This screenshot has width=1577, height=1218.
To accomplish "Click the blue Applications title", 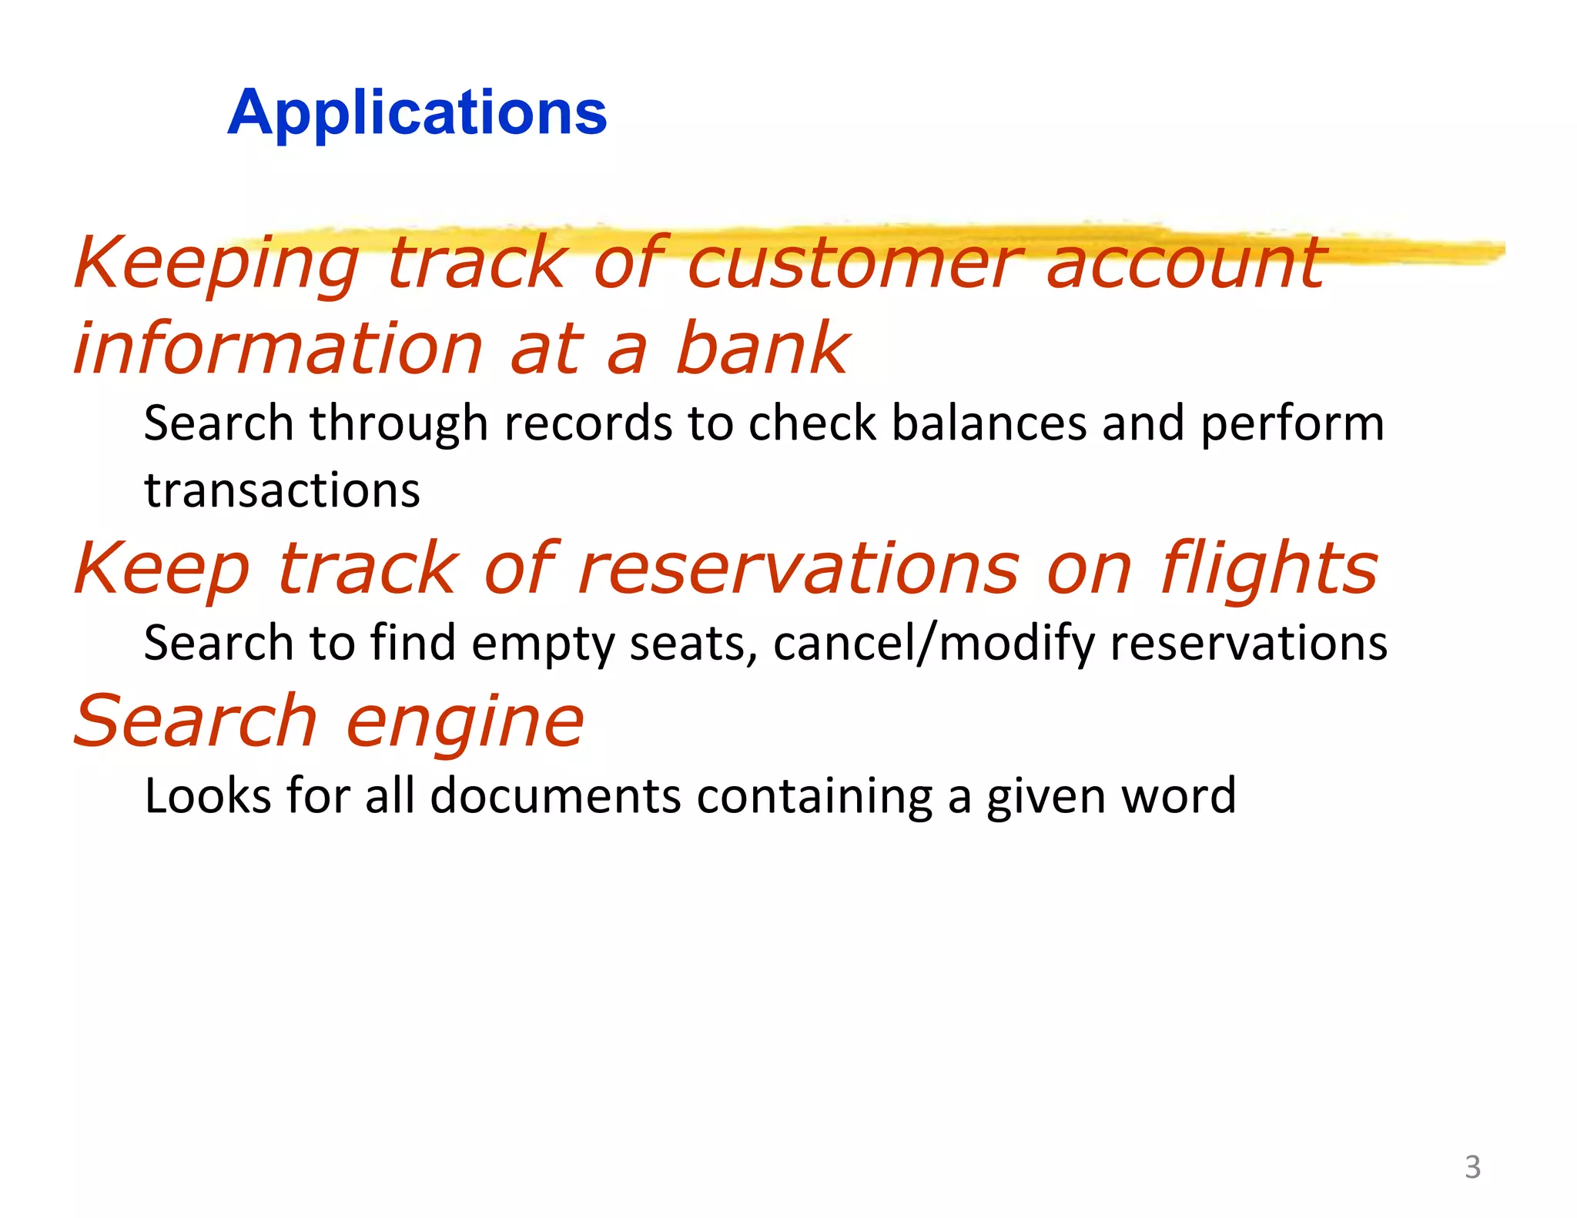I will tap(417, 112).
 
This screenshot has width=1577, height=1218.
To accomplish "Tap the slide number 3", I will tap(1472, 1167).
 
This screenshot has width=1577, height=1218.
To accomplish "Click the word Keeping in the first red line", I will tap(216, 264).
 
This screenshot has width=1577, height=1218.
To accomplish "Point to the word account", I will tap(1186, 264).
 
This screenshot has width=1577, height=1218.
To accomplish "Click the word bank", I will tap(762, 349).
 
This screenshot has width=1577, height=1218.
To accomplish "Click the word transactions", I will tap(282, 490).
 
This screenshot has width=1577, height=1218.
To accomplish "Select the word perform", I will tap(1292, 425).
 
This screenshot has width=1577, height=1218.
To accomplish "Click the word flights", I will tap(1269, 569).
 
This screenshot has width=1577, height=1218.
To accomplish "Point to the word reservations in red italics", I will tap(798, 569).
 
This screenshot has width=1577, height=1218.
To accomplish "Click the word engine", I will tap(465, 722).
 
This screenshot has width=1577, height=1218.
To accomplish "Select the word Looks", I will tap(207, 795).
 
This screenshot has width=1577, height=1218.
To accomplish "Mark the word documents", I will tap(555, 795).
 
